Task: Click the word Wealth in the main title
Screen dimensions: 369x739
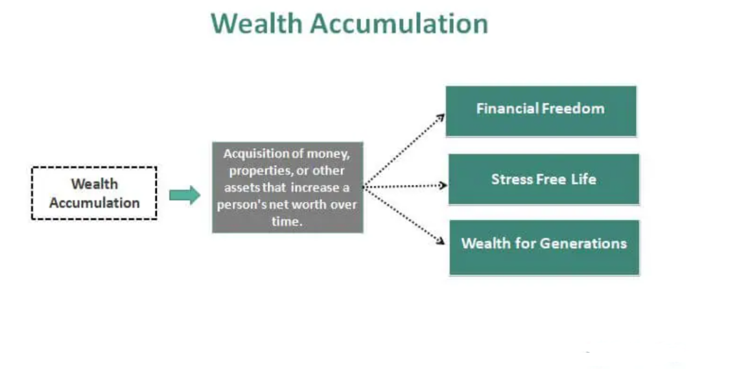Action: point(256,24)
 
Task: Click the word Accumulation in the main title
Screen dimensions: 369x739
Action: point(399,24)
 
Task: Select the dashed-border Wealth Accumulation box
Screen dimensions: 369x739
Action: point(94,193)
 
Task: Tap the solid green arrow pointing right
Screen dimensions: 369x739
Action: point(185,195)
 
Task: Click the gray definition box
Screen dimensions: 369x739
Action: point(288,188)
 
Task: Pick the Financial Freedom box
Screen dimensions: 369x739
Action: point(541,110)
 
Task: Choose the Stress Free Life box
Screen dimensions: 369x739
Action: point(543,179)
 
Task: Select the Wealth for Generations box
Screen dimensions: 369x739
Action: point(544,247)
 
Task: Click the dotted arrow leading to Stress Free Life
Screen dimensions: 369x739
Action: point(405,186)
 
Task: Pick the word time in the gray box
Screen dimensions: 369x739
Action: point(288,221)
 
